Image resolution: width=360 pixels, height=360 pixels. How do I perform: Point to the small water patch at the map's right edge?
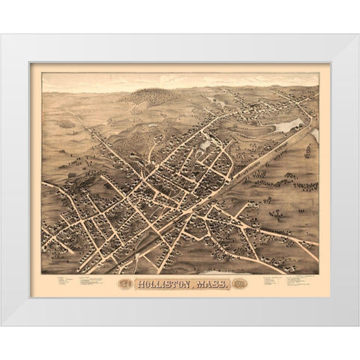[315, 135]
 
